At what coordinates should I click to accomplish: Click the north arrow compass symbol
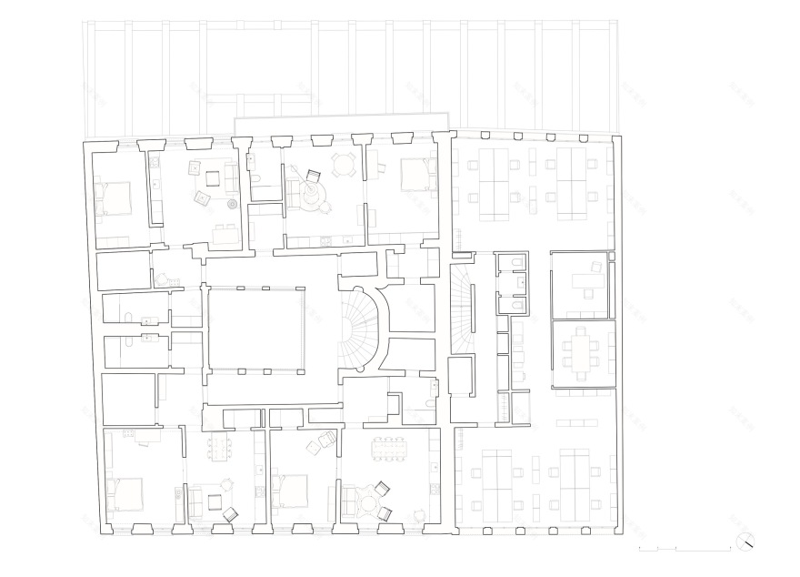point(746,541)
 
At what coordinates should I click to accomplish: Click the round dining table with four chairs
point(344,165)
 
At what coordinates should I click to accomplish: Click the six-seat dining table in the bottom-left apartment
point(218,448)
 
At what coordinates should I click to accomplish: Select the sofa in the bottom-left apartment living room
point(195,501)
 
